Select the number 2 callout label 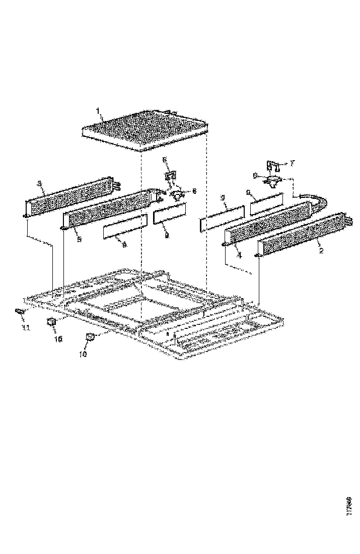[321, 250]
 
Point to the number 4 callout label [240, 255]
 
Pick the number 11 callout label [25, 328]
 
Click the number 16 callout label [58, 339]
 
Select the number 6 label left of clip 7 [255, 175]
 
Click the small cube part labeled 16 [51, 322]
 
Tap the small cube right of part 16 [91, 337]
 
